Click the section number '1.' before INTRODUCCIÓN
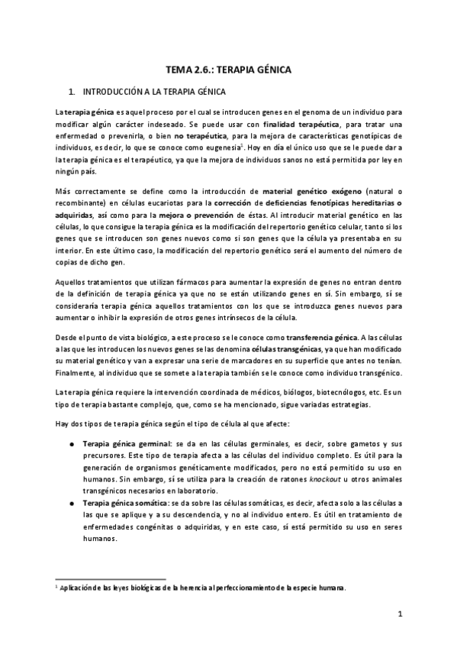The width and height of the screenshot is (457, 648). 72,92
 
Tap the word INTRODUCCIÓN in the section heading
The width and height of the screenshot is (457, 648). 114,92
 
